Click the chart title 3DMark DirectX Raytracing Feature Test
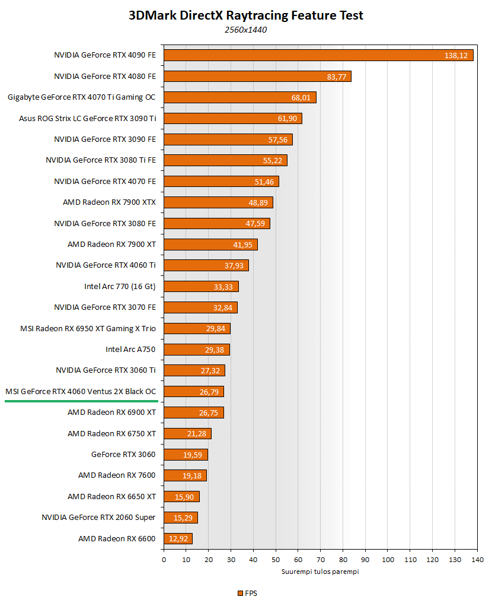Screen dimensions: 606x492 [x=246, y=15]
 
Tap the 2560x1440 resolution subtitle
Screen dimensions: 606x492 [x=246, y=29]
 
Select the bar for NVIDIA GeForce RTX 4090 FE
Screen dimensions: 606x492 [x=318, y=55]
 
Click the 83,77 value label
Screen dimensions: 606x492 [x=336, y=77]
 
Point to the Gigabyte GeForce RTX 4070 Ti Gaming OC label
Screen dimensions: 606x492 [x=82, y=97]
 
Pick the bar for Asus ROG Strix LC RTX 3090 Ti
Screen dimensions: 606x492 [x=233, y=119]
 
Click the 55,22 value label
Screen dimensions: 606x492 [x=271, y=160]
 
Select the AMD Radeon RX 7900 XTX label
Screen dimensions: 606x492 [x=109, y=202]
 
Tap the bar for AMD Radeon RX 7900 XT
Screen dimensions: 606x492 [x=210, y=245]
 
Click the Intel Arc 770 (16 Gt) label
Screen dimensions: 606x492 [x=120, y=287]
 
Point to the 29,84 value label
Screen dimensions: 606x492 [x=215, y=329]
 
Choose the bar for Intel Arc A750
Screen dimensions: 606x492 [x=196, y=350]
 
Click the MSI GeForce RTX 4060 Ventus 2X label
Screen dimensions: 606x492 [x=81, y=392]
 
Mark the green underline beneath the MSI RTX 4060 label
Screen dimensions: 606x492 [x=81, y=401]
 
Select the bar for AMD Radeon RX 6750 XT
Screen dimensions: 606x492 [x=187, y=434]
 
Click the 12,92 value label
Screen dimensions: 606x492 [x=178, y=539]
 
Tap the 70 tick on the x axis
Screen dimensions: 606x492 [x=321, y=560]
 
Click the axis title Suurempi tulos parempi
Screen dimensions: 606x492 [x=320, y=572]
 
